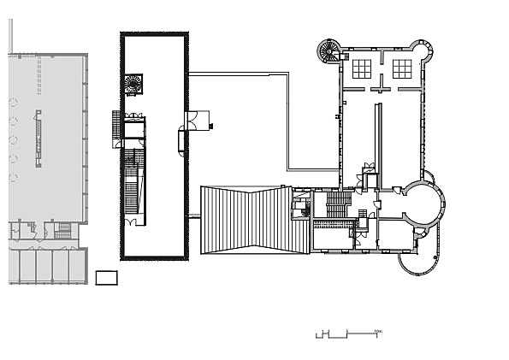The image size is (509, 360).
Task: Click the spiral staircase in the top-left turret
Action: coord(328,51)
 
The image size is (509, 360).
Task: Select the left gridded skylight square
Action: coord(360,68)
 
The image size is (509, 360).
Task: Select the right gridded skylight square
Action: coord(401,68)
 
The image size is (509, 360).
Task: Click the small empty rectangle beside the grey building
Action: coord(105,277)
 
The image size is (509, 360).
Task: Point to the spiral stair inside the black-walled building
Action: coord(133,83)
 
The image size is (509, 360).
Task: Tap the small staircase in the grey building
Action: coord(62,230)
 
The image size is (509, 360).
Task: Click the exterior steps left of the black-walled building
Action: coord(117,129)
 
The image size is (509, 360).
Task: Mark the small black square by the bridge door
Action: coord(210,127)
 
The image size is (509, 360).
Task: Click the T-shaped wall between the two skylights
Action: coord(381,82)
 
